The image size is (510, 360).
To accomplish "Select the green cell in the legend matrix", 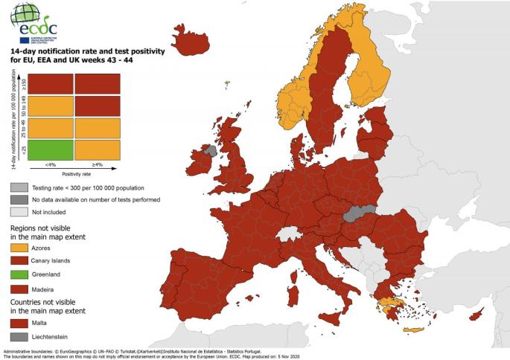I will point(52,150).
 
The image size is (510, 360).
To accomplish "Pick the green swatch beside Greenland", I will point(19,274).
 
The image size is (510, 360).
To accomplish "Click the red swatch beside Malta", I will point(19,324).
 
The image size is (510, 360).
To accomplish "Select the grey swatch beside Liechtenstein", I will point(19,337).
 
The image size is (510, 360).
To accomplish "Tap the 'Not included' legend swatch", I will point(19,212).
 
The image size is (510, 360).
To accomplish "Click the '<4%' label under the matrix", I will point(51,165).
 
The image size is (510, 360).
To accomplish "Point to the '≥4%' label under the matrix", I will point(97,165).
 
